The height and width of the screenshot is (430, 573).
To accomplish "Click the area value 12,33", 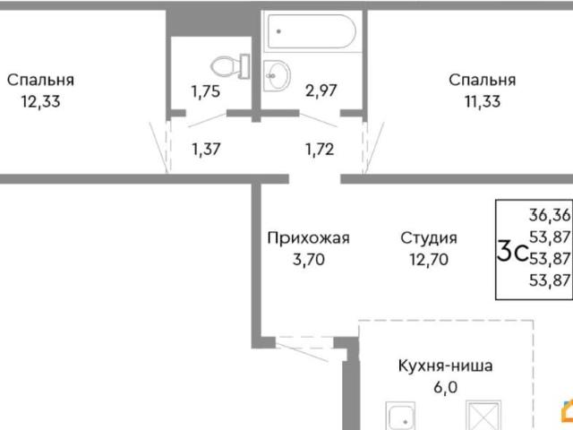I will [x=40, y=101].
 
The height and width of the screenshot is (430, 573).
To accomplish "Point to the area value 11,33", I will [x=482, y=101].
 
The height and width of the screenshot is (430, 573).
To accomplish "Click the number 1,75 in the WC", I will [x=206, y=90].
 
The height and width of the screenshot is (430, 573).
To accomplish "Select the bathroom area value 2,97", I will [x=321, y=90].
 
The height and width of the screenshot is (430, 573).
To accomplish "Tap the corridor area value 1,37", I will [x=206, y=149].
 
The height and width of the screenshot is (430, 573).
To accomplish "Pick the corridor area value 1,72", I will [x=319, y=149].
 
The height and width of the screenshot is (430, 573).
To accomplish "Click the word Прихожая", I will [x=308, y=238].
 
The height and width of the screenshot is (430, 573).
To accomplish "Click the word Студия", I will [x=429, y=238].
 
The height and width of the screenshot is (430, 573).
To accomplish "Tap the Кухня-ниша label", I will [x=446, y=365].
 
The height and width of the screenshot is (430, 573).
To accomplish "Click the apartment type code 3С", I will [x=511, y=252].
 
